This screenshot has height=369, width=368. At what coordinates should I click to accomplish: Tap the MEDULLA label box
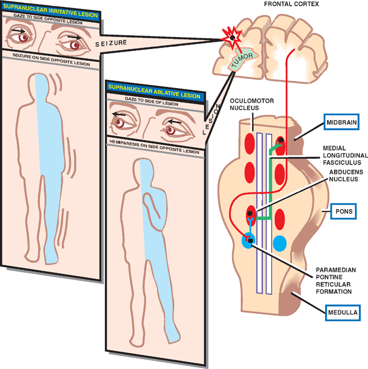[341, 313]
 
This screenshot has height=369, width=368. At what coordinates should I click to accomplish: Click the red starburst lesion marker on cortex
[231, 36]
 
